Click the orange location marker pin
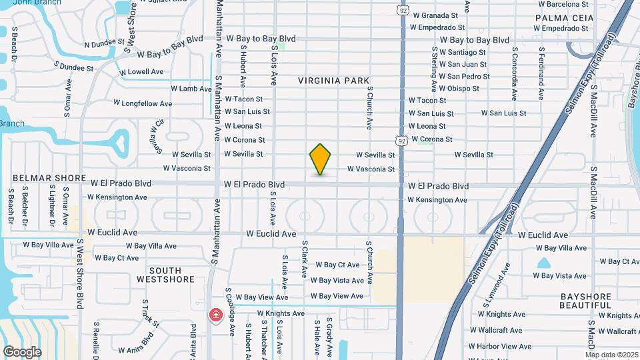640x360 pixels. click(x=320, y=159)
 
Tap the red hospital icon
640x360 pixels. click(x=216, y=314)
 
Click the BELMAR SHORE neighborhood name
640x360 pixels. click(x=49, y=179)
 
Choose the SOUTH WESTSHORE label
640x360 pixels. click(x=163, y=275)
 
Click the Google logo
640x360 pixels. click(x=22, y=351)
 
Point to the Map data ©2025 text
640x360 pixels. click(x=611, y=355)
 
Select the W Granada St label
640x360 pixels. click(x=435, y=15)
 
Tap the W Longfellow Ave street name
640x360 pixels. click(x=143, y=103)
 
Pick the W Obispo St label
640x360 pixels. click(x=464, y=88)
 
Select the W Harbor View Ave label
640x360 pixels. click(x=499, y=347)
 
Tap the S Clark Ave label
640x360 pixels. click(x=304, y=259)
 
